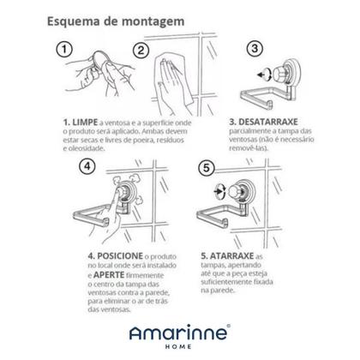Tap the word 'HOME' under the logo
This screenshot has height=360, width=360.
[x=179, y=346]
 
